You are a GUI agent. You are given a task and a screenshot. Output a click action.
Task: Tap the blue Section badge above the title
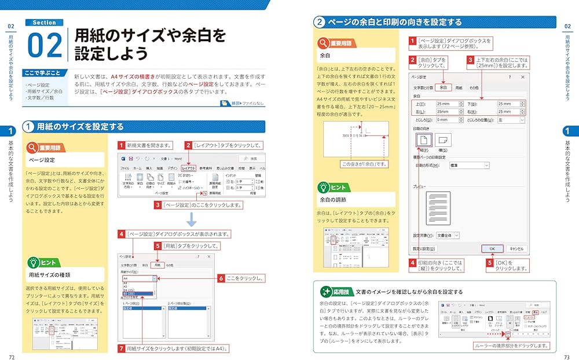(x=44, y=23)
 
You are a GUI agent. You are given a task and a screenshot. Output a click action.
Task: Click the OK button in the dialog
(x=492, y=248)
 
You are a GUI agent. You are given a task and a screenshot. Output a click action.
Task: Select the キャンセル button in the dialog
(x=516, y=248)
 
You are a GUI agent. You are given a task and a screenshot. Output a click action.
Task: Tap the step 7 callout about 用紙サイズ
(x=173, y=348)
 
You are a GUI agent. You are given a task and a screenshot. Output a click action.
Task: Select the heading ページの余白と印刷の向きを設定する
(x=394, y=23)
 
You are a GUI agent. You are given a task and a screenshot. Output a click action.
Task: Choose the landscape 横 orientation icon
(x=443, y=140)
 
